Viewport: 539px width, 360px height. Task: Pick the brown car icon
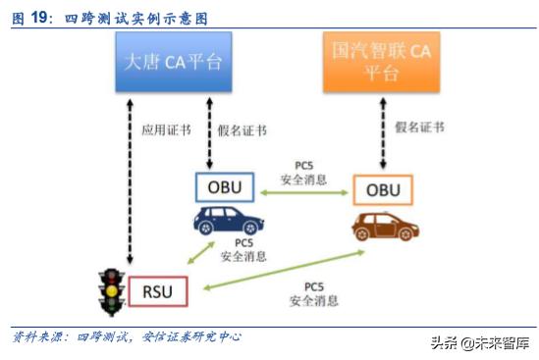click(381, 227)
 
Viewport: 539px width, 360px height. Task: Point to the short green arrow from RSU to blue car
click(202, 254)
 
